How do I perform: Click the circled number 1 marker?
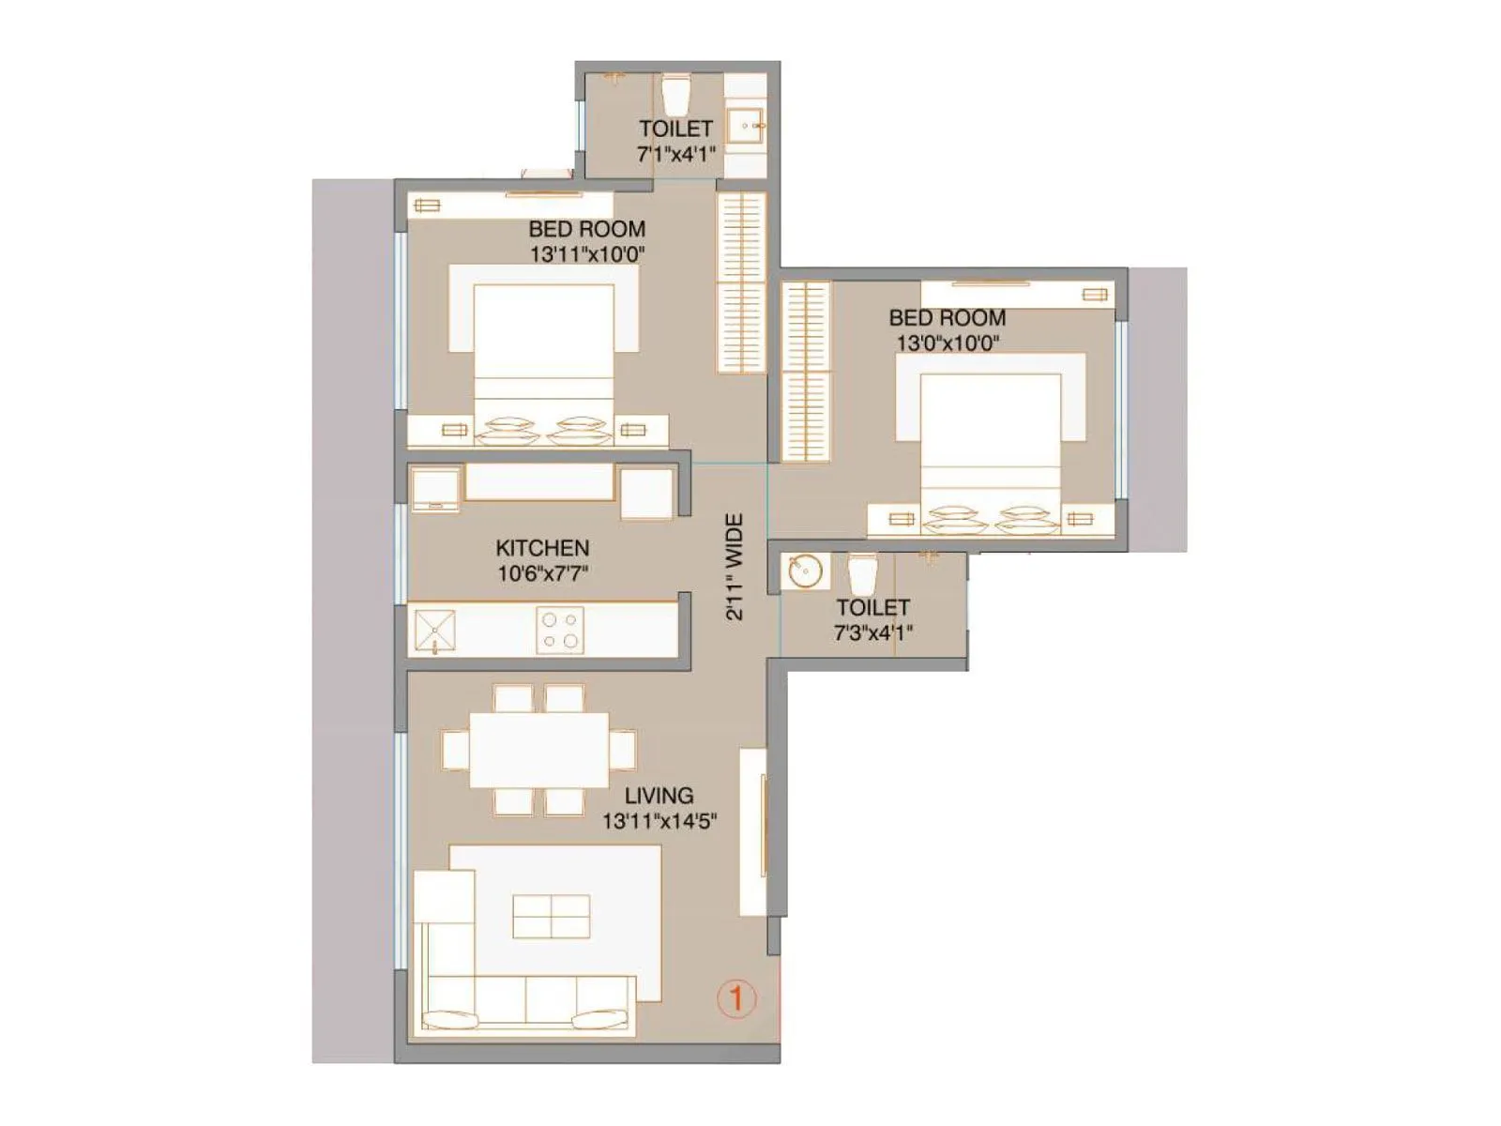pyautogui.click(x=736, y=998)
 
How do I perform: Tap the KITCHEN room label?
pyautogui.click(x=542, y=548)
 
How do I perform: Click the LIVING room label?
pyautogui.click(x=660, y=796)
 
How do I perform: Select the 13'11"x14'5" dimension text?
pyautogui.click(x=660, y=822)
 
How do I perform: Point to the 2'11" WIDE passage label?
pyautogui.click(x=735, y=567)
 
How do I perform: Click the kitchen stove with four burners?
pyautogui.click(x=560, y=630)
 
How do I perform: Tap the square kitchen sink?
pyautogui.click(x=435, y=630)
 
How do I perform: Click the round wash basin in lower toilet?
pyautogui.click(x=804, y=571)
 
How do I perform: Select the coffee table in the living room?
pyautogui.click(x=551, y=917)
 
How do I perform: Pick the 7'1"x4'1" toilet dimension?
pyautogui.click(x=676, y=155)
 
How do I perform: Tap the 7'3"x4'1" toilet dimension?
pyautogui.click(x=872, y=633)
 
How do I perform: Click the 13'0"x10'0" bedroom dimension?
pyautogui.click(x=948, y=343)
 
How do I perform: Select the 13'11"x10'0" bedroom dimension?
pyautogui.click(x=587, y=254)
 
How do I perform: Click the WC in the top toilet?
pyautogui.click(x=676, y=93)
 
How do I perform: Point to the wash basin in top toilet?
pyautogui.click(x=747, y=125)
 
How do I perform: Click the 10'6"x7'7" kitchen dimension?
pyautogui.click(x=542, y=573)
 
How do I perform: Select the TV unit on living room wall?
pyautogui.click(x=754, y=831)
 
